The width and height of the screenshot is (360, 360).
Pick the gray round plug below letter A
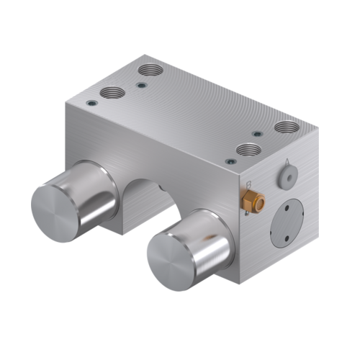[287, 176]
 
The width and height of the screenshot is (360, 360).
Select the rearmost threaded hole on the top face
[150, 71]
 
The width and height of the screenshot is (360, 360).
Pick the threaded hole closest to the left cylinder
[112, 92]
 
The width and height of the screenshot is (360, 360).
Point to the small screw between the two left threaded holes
[141, 85]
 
